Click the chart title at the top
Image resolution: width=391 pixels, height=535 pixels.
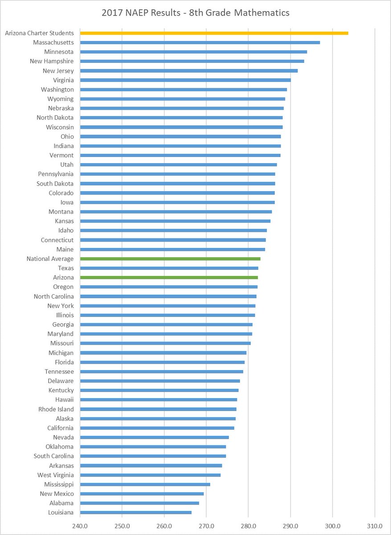(195, 13)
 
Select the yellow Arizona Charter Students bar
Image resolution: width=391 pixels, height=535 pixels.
(214, 33)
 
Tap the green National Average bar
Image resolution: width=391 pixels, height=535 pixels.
(170, 259)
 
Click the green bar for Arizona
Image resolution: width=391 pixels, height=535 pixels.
(169, 277)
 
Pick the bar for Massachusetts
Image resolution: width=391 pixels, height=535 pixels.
(200, 42)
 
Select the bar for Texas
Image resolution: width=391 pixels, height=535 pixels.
(169, 268)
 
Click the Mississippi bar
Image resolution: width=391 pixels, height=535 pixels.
(145, 484)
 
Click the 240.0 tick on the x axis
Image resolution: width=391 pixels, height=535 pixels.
(80, 526)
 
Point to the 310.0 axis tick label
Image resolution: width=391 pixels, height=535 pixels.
(375, 526)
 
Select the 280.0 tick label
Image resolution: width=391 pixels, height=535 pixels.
(248, 526)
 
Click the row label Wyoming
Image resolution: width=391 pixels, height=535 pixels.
(61, 99)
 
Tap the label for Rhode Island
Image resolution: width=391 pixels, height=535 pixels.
(56, 409)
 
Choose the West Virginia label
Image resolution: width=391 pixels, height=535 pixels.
(56, 475)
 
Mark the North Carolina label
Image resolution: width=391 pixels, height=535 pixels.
(54, 296)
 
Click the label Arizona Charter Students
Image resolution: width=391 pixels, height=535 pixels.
(39, 33)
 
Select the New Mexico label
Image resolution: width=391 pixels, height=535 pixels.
(57, 494)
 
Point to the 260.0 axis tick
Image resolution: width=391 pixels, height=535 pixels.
(164, 526)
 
